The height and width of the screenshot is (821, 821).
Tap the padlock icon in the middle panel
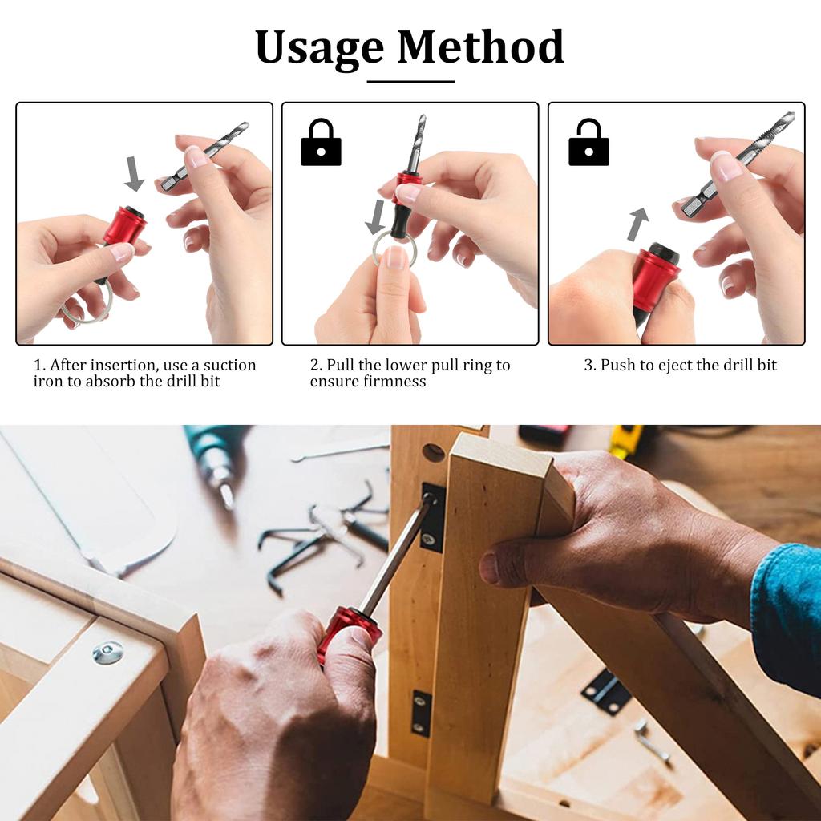pyautogui.click(x=321, y=143)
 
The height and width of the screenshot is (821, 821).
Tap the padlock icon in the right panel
pyautogui.click(x=588, y=143)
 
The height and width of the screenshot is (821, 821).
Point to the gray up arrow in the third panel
pyautogui.click(x=637, y=224)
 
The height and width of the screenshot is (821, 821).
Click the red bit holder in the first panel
pyautogui.click(x=124, y=226)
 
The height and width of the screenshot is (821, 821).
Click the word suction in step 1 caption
pyautogui.click(x=229, y=366)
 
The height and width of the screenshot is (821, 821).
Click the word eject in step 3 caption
pyautogui.click(x=669, y=366)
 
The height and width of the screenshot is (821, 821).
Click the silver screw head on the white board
pyautogui.click(x=107, y=653)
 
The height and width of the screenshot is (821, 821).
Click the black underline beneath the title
pyautogui.click(x=410, y=81)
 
